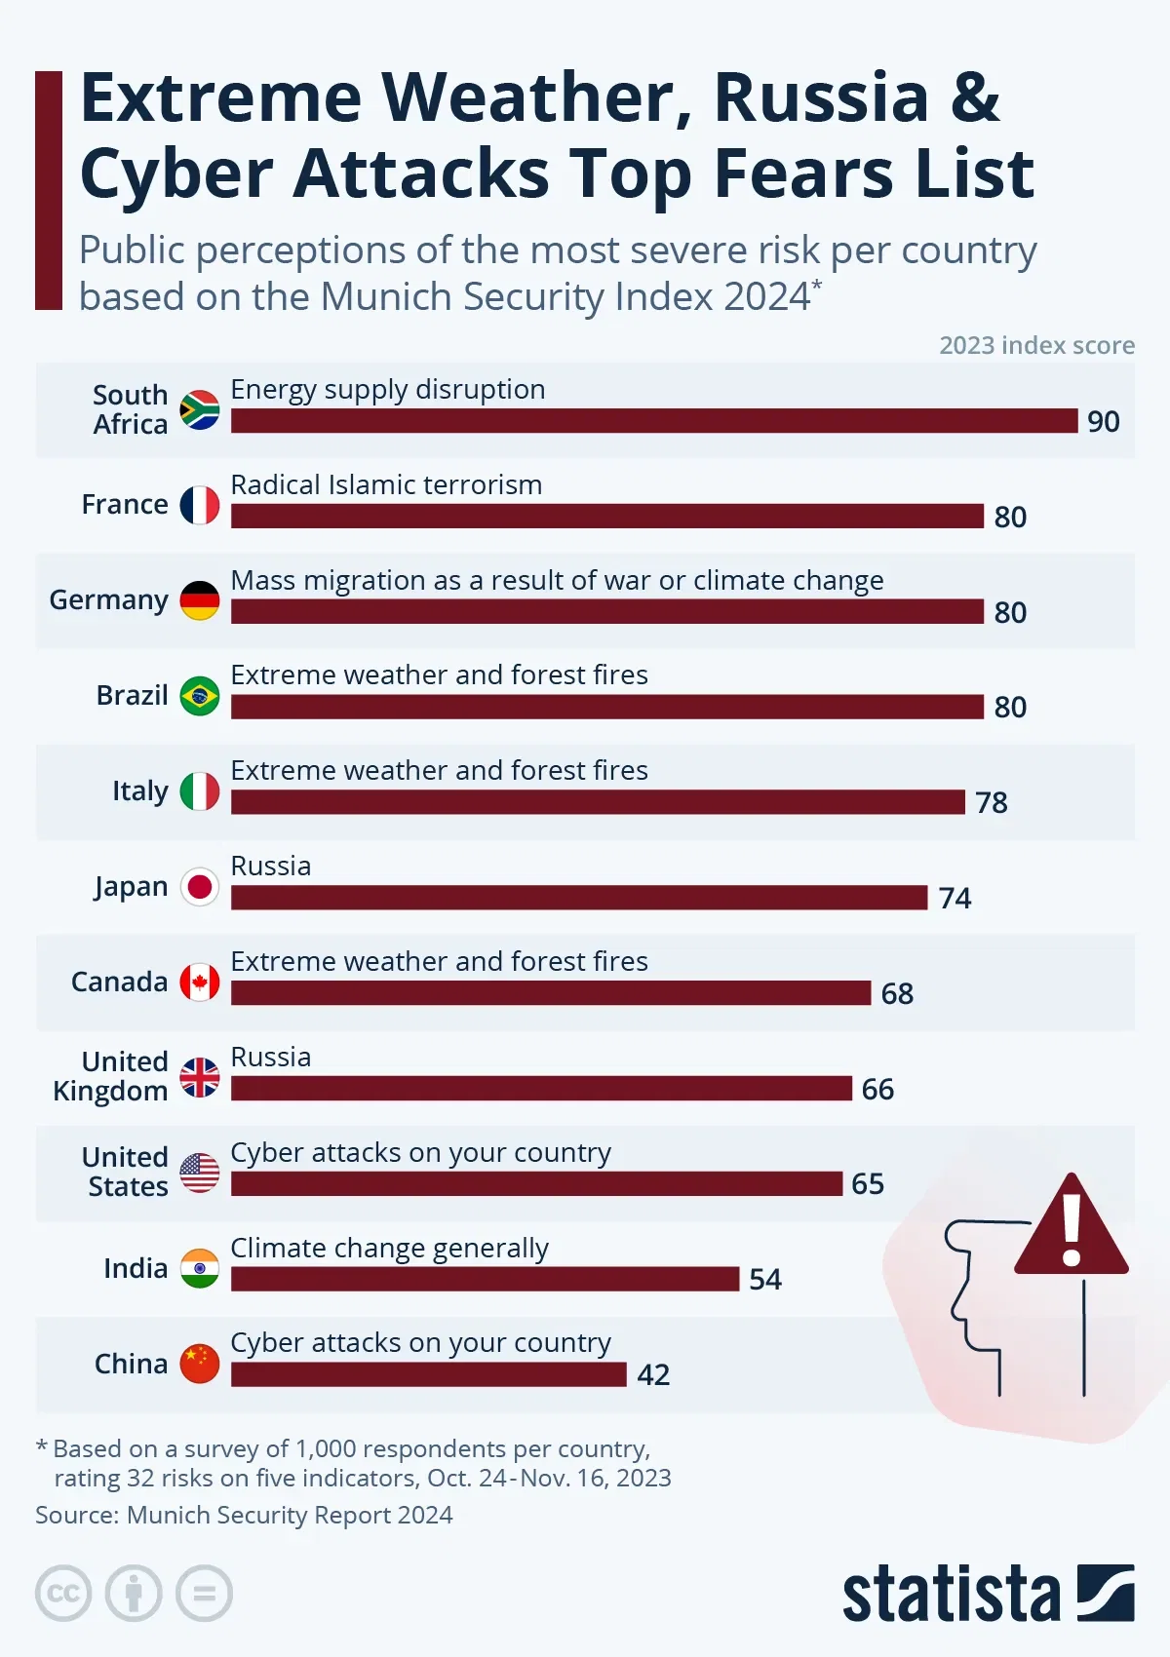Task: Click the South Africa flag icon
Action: click(200, 410)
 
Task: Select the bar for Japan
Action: click(579, 898)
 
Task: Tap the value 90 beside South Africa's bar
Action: click(1104, 421)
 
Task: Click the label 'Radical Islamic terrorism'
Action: click(386, 484)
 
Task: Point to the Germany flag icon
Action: click(200, 600)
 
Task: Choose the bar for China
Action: click(429, 1374)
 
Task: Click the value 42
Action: click(653, 1374)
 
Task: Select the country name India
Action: click(136, 1268)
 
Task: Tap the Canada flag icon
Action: click(200, 983)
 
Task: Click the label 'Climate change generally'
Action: click(389, 1248)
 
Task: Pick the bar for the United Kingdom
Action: click(541, 1089)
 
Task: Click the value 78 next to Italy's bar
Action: click(992, 802)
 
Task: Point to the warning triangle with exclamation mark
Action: click(1072, 1228)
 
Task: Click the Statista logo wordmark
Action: click(951, 1595)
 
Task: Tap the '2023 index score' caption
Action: click(1036, 345)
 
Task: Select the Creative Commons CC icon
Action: click(63, 1594)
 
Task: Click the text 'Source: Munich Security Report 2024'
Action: click(244, 1515)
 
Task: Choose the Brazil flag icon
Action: click(200, 696)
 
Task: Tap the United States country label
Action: click(126, 1172)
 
